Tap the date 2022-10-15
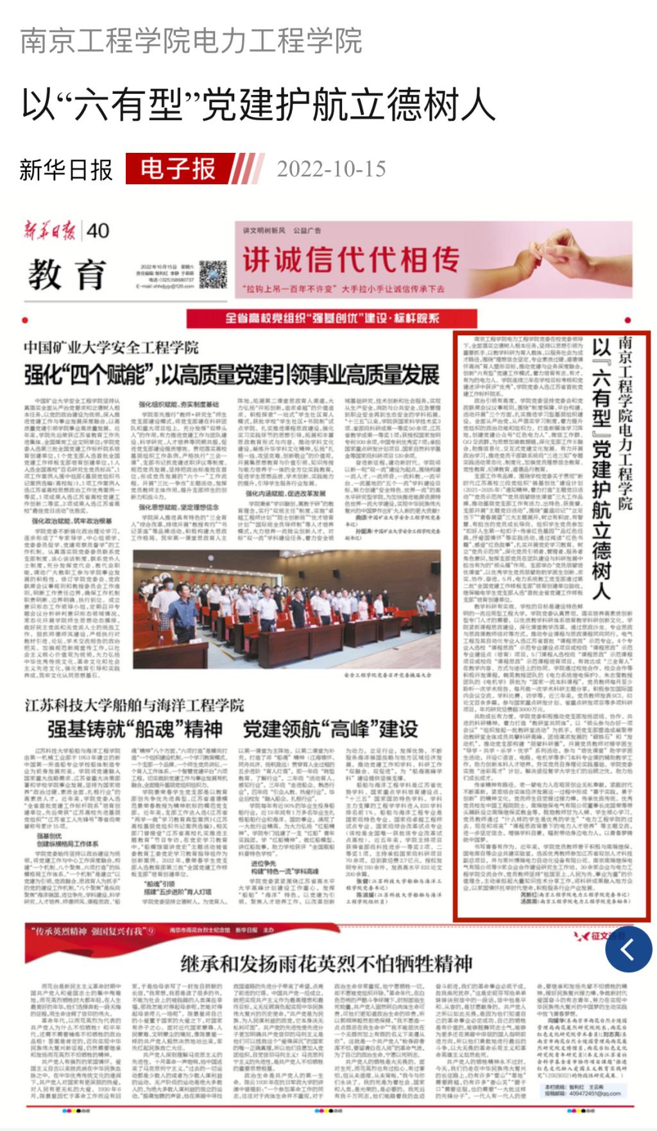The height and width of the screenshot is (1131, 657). click(331, 170)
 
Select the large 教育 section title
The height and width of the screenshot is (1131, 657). click(67, 275)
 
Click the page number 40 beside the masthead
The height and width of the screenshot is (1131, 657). click(98, 231)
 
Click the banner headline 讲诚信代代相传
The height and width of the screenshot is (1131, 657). click(351, 259)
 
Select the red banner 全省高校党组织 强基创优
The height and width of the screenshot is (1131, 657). click(332, 318)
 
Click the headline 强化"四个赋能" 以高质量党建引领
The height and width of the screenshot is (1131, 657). click(232, 374)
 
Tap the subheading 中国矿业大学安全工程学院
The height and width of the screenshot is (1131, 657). click(112, 347)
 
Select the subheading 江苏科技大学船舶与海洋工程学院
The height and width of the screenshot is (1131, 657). click(134, 705)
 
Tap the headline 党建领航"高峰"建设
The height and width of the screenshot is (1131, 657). click(330, 729)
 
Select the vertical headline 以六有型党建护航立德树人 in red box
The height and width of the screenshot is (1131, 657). click(601, 469)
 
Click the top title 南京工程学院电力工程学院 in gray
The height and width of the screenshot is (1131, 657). click(191, 41)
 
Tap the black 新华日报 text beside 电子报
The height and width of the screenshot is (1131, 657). click(66, 170)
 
